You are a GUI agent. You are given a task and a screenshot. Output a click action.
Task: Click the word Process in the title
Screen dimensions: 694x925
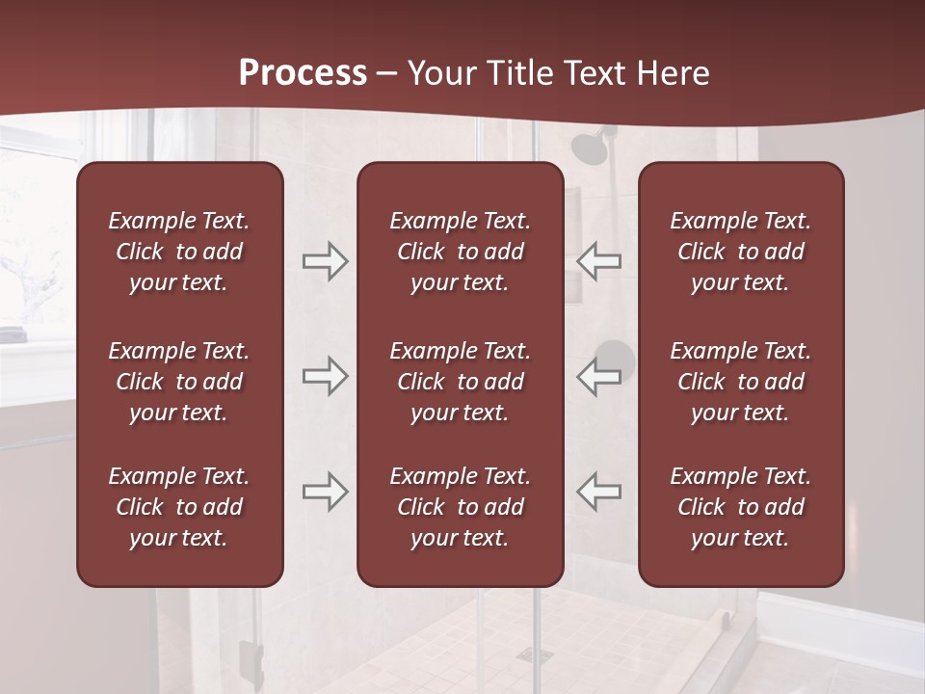[x=303, y=73]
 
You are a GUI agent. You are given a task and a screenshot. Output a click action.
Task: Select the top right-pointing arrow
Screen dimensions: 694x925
[x=326, y=261]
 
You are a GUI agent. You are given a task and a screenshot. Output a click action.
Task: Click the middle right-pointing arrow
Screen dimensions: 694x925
[x=326, y=376]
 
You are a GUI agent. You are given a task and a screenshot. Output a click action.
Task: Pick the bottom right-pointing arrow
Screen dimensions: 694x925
[x=326, y=492]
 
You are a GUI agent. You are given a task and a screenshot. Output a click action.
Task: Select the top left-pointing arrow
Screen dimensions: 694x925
[x=598, y=261]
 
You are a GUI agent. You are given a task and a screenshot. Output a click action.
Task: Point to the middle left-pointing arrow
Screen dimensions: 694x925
[x=598, y=376]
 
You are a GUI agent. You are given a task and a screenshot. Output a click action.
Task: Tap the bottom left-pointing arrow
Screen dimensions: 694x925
[x=598, y=492]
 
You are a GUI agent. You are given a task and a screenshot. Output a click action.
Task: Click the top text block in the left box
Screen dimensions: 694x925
[x=179, y=252]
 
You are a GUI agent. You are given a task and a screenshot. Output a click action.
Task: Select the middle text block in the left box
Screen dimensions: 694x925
[x=179, y=382]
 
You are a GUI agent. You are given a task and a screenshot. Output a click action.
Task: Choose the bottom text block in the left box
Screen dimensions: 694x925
[x=179, y=507]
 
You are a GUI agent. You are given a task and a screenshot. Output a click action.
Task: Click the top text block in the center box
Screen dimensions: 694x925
[x=460, y=252]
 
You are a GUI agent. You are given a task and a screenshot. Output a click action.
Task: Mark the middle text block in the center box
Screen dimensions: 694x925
[x=460, y=382]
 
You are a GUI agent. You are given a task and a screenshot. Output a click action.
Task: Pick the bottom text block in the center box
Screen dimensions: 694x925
[x=460, y=507]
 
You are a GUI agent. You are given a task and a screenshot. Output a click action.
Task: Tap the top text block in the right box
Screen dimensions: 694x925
[x=741, y=252]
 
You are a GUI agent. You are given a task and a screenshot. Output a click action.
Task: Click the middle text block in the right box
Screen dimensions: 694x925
[x=741, y=382]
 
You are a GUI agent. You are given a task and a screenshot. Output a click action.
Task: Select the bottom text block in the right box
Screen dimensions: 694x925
[x=741, y=507]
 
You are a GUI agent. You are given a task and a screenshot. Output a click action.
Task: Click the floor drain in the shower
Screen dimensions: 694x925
[x=529, y=654]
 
